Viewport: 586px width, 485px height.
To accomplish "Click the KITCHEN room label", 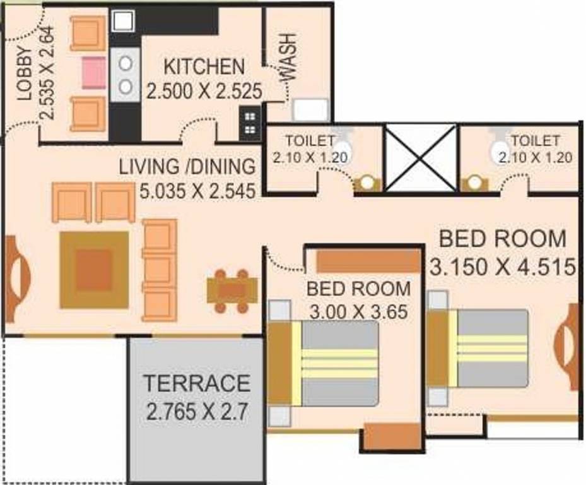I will (x=204, y=66).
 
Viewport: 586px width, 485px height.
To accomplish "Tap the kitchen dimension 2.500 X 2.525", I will (x=204, y=90).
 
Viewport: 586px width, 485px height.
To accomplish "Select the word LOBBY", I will (x=24, y=75).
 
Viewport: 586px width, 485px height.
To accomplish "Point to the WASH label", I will (x=287, y=57).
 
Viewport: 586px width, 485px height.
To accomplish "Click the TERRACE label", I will (x=196, y=383).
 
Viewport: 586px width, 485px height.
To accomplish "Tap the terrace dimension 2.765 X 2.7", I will (x=196, y=413).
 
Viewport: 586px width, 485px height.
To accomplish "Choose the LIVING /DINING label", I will (x=188, y=167).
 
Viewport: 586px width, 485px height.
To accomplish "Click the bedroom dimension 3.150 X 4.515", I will (x=503, y=266).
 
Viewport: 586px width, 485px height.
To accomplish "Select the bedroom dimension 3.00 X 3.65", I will (x=358, y=311).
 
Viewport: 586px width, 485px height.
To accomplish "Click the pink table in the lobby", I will (x=93, y=69).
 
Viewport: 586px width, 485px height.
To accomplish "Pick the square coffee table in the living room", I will (x=94, y=270).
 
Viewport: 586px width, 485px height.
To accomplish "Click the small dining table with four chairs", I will (x=232, y=290).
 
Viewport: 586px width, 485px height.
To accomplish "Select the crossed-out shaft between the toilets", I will (x=420, y=158).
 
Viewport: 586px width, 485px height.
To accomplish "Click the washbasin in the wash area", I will (x=310, y=110).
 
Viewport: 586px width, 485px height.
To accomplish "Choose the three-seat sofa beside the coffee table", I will (x=159, y=270).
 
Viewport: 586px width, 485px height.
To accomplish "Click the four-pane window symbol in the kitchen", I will (x=250, y=123).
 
